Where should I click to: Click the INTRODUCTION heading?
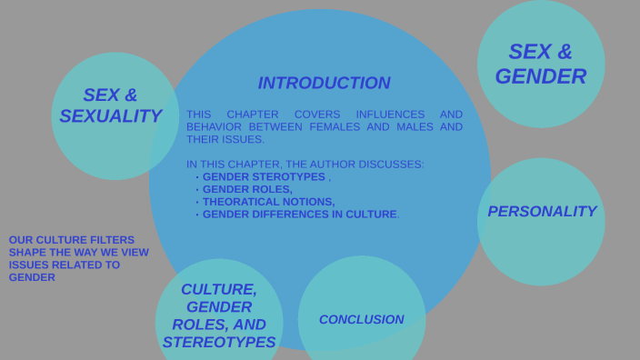pos(324,83)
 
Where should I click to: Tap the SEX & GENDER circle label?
pos(541,64)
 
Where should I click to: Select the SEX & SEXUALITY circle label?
pos(110,105)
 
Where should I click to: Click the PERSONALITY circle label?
pos(542,211)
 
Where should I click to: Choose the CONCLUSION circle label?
pos(361,319)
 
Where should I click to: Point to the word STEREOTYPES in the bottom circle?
pos(219,342)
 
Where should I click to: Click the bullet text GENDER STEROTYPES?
pos(264,176)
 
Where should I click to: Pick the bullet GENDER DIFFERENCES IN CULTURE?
pos(300,215)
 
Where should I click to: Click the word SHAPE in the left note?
pos(26,252)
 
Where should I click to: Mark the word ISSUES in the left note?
pos(27,265)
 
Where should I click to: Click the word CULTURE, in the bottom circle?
pos(219,289)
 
